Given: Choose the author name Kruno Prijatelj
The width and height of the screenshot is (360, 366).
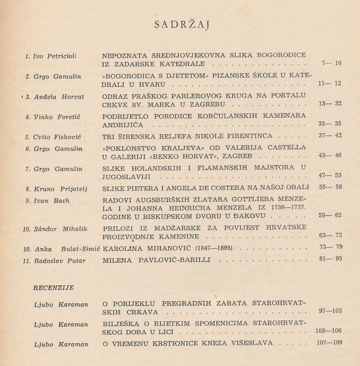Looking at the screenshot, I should [x=56, y=188].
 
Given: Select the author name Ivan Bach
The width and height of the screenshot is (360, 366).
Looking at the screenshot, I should [x=45, y=202].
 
